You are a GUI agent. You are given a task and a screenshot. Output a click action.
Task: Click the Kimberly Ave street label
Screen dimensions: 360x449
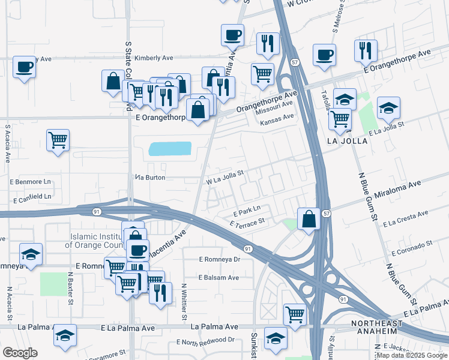154,58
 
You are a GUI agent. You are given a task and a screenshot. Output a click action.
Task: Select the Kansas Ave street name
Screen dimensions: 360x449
277,122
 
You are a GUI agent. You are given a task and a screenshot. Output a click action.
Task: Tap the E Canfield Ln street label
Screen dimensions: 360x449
31,196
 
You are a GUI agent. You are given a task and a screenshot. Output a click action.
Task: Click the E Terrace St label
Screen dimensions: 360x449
247,223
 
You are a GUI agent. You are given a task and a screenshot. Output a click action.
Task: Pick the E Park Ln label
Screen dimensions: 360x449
246,212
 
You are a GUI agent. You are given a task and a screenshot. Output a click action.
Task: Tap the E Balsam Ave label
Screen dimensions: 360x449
219,277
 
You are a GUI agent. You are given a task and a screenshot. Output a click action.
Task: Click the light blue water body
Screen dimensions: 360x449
170,149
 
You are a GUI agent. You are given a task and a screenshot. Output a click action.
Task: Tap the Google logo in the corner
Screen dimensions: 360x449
20,352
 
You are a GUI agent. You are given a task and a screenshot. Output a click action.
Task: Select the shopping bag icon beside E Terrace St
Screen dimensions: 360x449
309,218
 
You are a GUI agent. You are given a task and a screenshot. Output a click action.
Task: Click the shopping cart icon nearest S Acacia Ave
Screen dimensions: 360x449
58,140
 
